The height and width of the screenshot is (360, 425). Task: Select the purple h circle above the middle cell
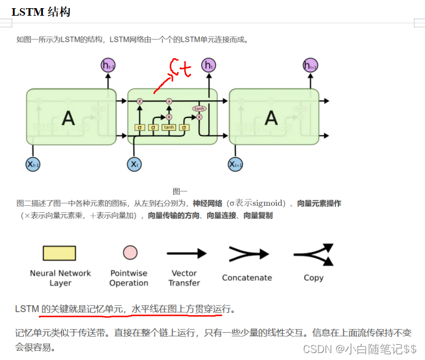(x=208, y=65)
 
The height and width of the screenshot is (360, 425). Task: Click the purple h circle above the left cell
(x=108, y=65)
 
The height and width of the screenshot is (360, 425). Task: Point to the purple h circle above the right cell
(x=310, y=65)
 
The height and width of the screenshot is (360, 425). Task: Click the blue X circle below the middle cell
(x=134, y=165)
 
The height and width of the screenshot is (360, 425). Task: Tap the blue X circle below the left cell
(x=33, y=165)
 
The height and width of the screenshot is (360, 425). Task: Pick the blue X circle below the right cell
(x=235, y=165)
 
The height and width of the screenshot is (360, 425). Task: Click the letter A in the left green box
(x=68, y=118)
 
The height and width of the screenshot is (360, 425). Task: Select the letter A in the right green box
(x=271, y=118)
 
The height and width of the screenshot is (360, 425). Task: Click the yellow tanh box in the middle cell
(x=169, y=127)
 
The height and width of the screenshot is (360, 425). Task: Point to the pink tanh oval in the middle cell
(x=199, y=108)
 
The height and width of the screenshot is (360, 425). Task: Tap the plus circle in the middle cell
(x=169, y=101)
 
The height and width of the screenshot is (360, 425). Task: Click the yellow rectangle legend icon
(x=59, y=253)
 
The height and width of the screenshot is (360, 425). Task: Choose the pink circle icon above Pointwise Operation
(x=130, y=252)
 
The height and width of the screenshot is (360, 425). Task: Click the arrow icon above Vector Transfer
(x=186, y=254)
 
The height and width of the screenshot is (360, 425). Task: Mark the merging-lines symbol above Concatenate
(x=248, y=254)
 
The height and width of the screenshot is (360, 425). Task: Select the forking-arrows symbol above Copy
(x=314, y=254)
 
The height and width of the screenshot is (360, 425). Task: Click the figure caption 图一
(x=180, y=191)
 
